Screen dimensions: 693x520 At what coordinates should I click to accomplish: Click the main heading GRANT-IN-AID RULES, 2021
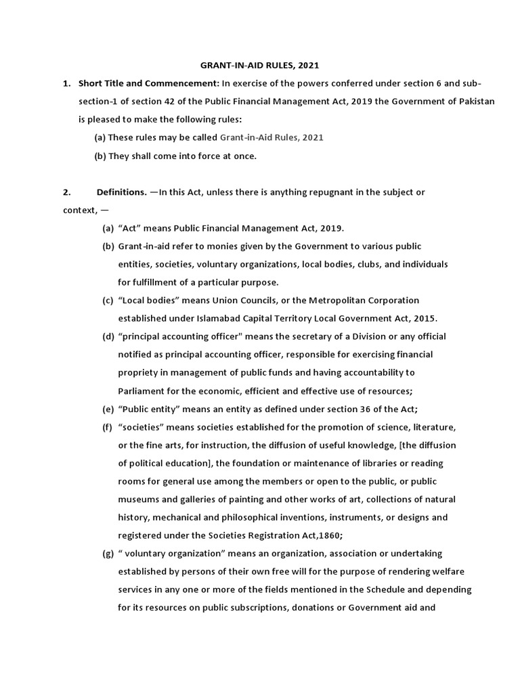pyautogui.click(x=259, y=66)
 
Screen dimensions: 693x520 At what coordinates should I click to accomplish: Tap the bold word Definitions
pyautogui.click(x=121, y=192)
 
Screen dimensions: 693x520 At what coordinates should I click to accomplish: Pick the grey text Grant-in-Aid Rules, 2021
pyautogui.click(x=272, y=137)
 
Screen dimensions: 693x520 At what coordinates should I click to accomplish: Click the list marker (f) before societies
pyautogui.click(x=108, y=427)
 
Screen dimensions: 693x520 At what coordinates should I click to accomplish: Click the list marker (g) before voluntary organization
pyautogui.click(x=108, y=554)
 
